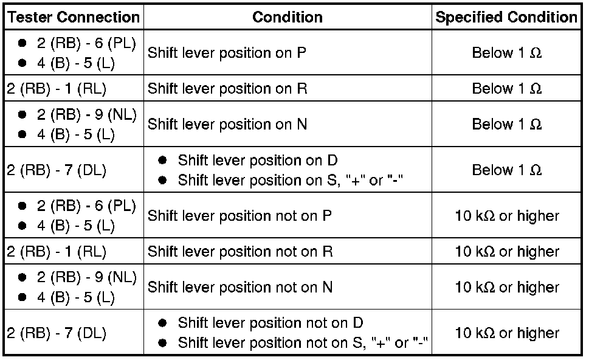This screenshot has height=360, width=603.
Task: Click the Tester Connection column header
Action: [73, 17]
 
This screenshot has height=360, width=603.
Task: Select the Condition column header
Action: [288, 17]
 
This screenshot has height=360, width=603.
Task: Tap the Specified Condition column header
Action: [506, 17]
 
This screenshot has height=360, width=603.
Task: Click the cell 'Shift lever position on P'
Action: [227, 53]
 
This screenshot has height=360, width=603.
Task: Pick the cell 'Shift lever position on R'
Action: [227, 89]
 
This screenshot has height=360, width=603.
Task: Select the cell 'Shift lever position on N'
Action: [227, 125]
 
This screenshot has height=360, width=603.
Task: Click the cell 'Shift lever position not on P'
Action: [239, 216]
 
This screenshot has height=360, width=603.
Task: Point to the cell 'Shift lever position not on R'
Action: [240, 252]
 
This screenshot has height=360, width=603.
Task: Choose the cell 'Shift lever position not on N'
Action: [240, 287]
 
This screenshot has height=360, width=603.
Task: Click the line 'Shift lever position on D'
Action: [258, 161]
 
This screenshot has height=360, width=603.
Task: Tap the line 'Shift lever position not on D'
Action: [270, 323]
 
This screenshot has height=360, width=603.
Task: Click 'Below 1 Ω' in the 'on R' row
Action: [506, 89]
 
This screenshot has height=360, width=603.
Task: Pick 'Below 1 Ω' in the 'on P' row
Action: [506, 53]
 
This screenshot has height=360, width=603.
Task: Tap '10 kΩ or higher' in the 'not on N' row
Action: [506, 287]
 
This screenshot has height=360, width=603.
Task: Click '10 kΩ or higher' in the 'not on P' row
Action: [506, 216]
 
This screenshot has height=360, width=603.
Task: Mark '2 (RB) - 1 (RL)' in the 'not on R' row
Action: [57, 252]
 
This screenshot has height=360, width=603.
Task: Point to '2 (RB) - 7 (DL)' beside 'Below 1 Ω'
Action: [57, 171]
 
